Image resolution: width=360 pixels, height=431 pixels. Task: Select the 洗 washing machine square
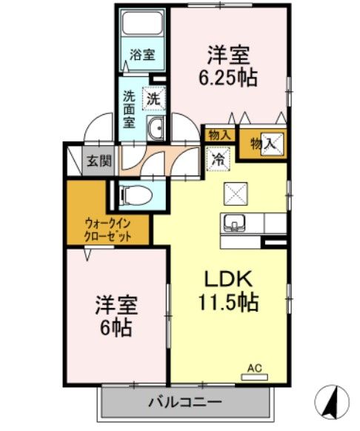pos(154,98)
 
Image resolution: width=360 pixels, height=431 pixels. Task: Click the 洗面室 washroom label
pos(129,108)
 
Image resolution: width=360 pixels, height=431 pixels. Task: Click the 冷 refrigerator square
pos(219,158)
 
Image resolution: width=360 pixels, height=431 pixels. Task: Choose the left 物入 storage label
pos(219,135)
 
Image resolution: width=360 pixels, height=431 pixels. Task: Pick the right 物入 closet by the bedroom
pos(262,144)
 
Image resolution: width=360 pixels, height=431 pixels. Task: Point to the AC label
pos(254,367)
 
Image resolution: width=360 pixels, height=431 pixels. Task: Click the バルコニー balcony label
pos(184,402)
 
